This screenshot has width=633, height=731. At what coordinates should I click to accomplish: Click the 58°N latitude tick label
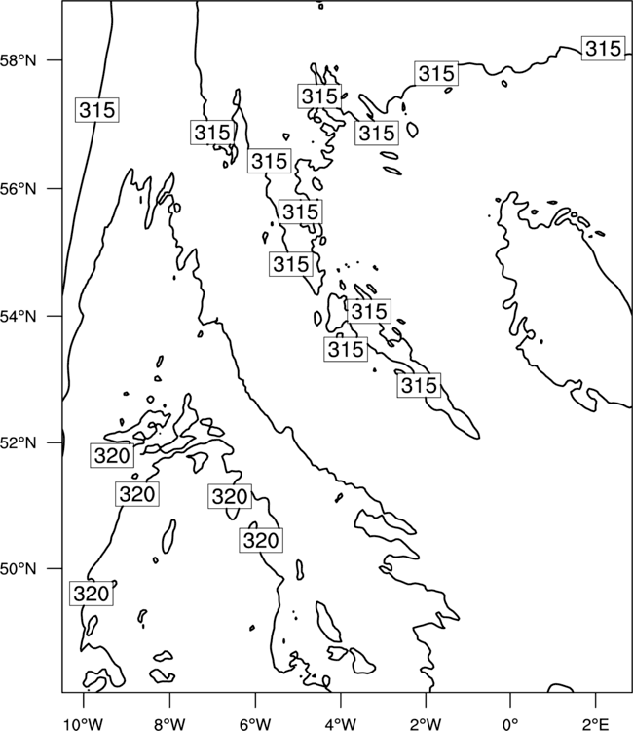19,60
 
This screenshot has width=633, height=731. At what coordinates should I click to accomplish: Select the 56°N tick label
19,189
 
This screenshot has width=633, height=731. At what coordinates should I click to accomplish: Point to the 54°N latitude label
19,317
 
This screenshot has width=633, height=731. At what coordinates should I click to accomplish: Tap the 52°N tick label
19,442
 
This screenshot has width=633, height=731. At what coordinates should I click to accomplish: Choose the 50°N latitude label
19,569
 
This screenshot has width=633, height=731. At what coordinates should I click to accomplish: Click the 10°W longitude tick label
84,724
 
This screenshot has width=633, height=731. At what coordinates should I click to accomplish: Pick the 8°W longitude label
169,724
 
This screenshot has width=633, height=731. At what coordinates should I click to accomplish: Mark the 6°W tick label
255,724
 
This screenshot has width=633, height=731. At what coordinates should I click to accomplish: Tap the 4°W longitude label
341,724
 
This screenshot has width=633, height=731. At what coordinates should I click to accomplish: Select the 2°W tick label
426,724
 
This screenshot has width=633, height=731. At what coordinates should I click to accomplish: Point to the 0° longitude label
510,724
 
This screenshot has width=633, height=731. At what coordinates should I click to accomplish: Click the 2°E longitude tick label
596,724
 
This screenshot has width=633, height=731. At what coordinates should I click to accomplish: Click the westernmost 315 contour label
96,110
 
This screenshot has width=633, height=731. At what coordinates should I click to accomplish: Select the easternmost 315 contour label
603,49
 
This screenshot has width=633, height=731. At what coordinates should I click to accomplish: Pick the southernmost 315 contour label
419,386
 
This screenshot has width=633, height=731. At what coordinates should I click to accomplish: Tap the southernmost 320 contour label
92,594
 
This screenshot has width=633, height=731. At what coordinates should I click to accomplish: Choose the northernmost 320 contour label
112,455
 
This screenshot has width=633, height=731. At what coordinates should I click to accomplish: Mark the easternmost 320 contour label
261,541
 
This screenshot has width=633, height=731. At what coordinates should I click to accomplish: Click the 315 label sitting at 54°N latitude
369,311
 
